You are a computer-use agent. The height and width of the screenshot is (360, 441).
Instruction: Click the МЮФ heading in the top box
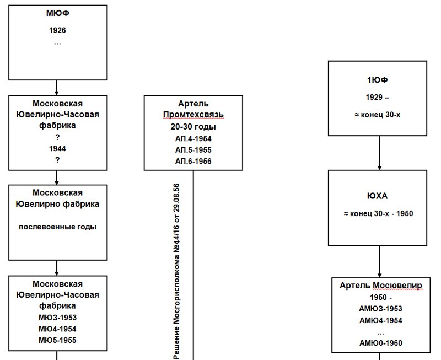pyautogui.click(x=58, y=13)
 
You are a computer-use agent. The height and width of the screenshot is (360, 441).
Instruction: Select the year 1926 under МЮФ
pyautogui.click(x=57, y=30)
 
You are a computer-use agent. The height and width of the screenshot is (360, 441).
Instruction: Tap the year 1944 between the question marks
pyautogui.click(x=57, y=148)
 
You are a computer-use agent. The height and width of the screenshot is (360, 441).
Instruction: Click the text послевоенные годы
pyautogui.click(x=58, y=227)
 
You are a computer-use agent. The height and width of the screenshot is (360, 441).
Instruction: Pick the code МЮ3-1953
pyautogui.click(x=58, y=318)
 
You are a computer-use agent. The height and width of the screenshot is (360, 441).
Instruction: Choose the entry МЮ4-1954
pyautogui.click(x=58, y=329)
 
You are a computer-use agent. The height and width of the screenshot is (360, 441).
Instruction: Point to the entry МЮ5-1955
pyautogui.click(x=58, y=340)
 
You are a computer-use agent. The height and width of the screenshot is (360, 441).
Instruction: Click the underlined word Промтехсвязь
pyautogui.click(x=193, y=115)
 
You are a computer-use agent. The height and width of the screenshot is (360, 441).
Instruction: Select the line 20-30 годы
pyautogui.click(x=193, y=127)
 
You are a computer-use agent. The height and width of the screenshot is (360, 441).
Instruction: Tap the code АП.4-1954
pyautogui.click(x=193, y=138)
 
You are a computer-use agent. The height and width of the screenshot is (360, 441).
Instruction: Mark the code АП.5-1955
pyautogui.click(x=193, y=149)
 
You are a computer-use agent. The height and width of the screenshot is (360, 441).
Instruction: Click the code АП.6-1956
pyautogui.click(x=193, y=161)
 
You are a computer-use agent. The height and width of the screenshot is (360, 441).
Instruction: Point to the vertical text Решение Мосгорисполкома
pyautogui.click(x=176, y=298)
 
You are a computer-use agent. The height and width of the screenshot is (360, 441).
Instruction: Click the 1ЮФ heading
pyautogui.click(x=378, y=80)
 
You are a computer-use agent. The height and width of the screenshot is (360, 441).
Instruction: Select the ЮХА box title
pyautogui.click(x=378, y=196)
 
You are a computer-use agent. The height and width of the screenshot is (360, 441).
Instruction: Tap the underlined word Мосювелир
pyautogui.click(x=397, y=286)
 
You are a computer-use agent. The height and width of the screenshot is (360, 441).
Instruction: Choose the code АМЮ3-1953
pyautogui.click(x=380, y=309)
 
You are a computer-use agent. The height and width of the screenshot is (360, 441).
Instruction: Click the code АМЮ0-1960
pyautogui.click(x=380, y=343)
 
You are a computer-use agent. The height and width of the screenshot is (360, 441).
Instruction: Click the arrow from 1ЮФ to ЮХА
pyautogui.click(x=379, y=153)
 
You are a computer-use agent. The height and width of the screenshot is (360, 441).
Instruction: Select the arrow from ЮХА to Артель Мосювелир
pyautogui.click(x=379, y=261)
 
